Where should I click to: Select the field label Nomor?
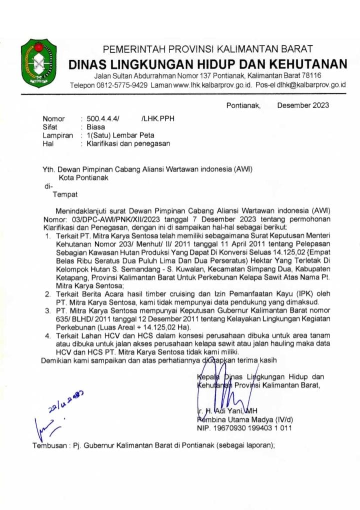pyautogui.click(x=53, y=119)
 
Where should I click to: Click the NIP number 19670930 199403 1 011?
pyautogui.click(x=252, y=428)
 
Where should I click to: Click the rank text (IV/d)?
pyautogui.click(x=282, y=420)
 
